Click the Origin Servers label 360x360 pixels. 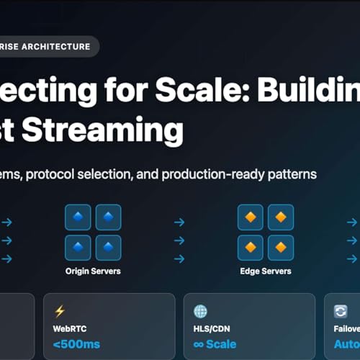point(93,271)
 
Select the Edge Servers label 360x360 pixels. point(266,271)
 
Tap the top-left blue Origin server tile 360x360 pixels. point(78,217)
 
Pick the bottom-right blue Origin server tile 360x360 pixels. point(108,248)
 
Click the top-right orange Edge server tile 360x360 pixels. point(281,217)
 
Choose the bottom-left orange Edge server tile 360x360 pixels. point(251,248)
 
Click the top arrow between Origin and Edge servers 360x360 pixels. point(179,222)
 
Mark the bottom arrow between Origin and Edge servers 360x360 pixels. point(179,258)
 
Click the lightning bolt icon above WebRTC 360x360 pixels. point(60,311)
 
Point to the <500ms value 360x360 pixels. point(77,344)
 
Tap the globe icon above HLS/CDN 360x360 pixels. point(201,311)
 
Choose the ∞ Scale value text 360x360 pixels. point(215,344)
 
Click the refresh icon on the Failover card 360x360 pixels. point(341,311)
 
